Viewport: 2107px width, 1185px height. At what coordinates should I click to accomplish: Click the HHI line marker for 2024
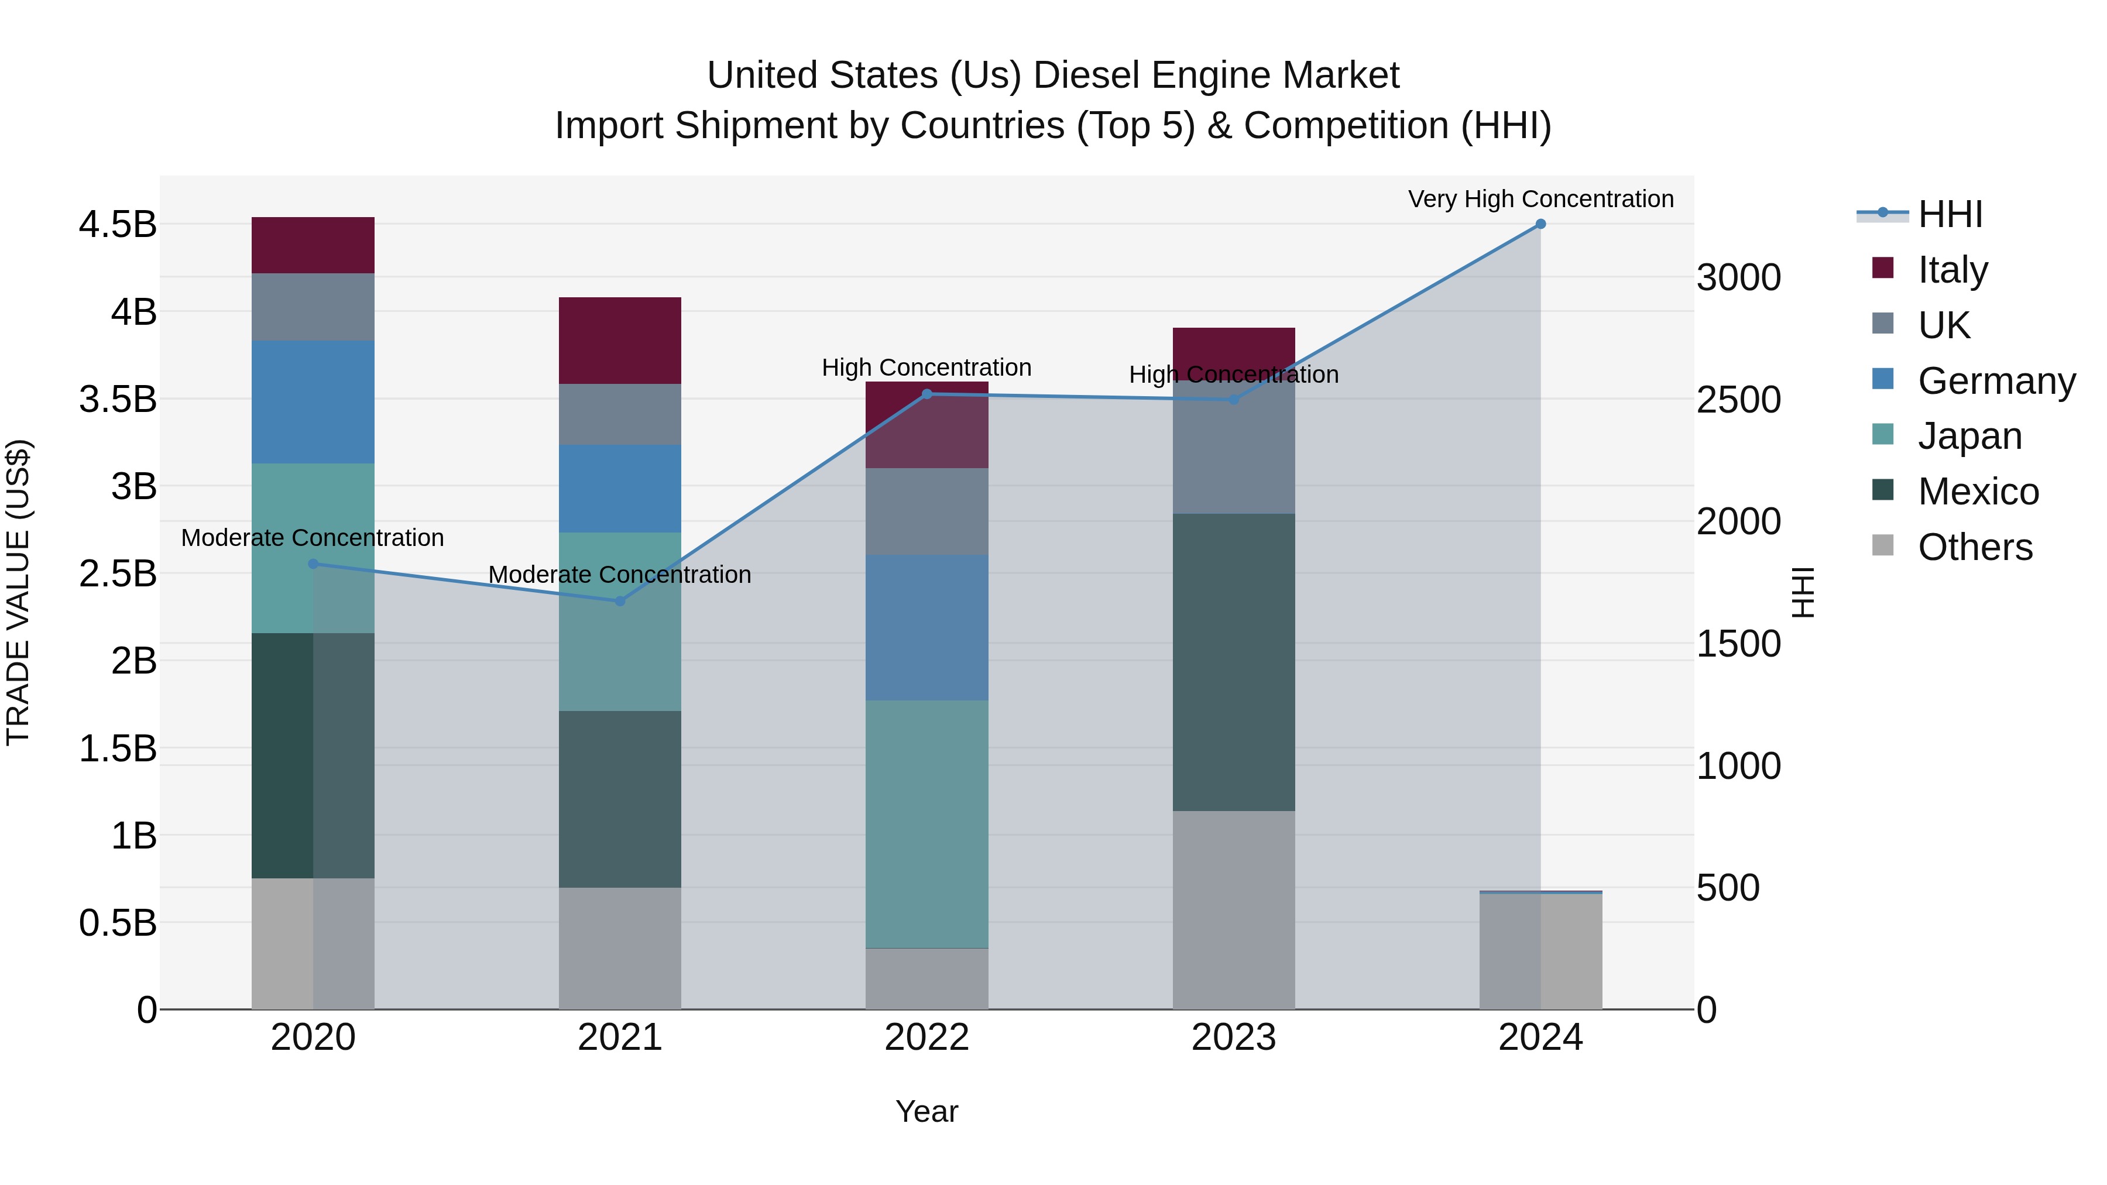pyautogui.click(x=1540, y=224)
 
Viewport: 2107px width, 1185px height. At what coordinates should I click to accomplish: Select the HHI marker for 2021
pyautogui.click(x=620, y=601)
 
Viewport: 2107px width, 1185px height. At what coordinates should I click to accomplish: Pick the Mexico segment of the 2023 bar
pyautogui.click(x=1233, y=662)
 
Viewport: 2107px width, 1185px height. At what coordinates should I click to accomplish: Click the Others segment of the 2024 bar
pyautogui.click(x=1540, y=951)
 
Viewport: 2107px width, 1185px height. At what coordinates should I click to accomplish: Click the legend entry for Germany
pyautogui.click(x=1996, y=381)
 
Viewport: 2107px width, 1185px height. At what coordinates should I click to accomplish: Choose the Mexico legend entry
pyautogui.click(x=1978, y=492)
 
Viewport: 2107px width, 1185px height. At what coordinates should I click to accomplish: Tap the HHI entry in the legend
pyautogui.click(x=1950, y=214)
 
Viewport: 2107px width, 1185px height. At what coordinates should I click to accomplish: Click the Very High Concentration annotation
pyautogui.click(x=1540, y=199)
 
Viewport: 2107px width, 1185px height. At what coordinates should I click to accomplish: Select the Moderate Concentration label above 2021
pyautogui.click(x=620, y=574)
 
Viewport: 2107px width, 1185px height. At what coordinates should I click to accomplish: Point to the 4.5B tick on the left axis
pyautogui.click(x=117, y=225)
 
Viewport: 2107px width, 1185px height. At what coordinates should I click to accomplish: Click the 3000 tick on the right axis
pyautogui.click(x=1738, y=277)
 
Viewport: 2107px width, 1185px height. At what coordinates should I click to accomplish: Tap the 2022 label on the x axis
pyautogui.click(x=926, y=1037)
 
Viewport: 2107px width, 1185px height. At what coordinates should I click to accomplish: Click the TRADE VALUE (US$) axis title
pyautogui.click(x=18, y=592)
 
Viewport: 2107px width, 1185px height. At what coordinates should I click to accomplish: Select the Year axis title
pyautogui.click(x=926, y=1111)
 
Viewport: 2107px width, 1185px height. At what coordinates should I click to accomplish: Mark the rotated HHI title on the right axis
pyautogui.click(x=1803, y=592)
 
